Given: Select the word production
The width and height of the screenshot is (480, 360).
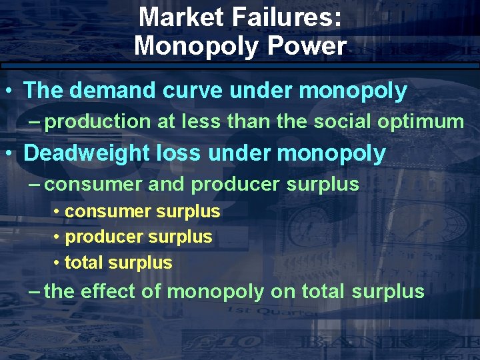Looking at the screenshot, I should tap(99, 121).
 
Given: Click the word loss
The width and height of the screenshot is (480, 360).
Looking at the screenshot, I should tap(183, 153).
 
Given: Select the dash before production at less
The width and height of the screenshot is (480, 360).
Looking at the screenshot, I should tap(37, 121).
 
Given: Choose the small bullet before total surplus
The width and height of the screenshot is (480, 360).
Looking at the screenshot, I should tap(57, 263).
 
